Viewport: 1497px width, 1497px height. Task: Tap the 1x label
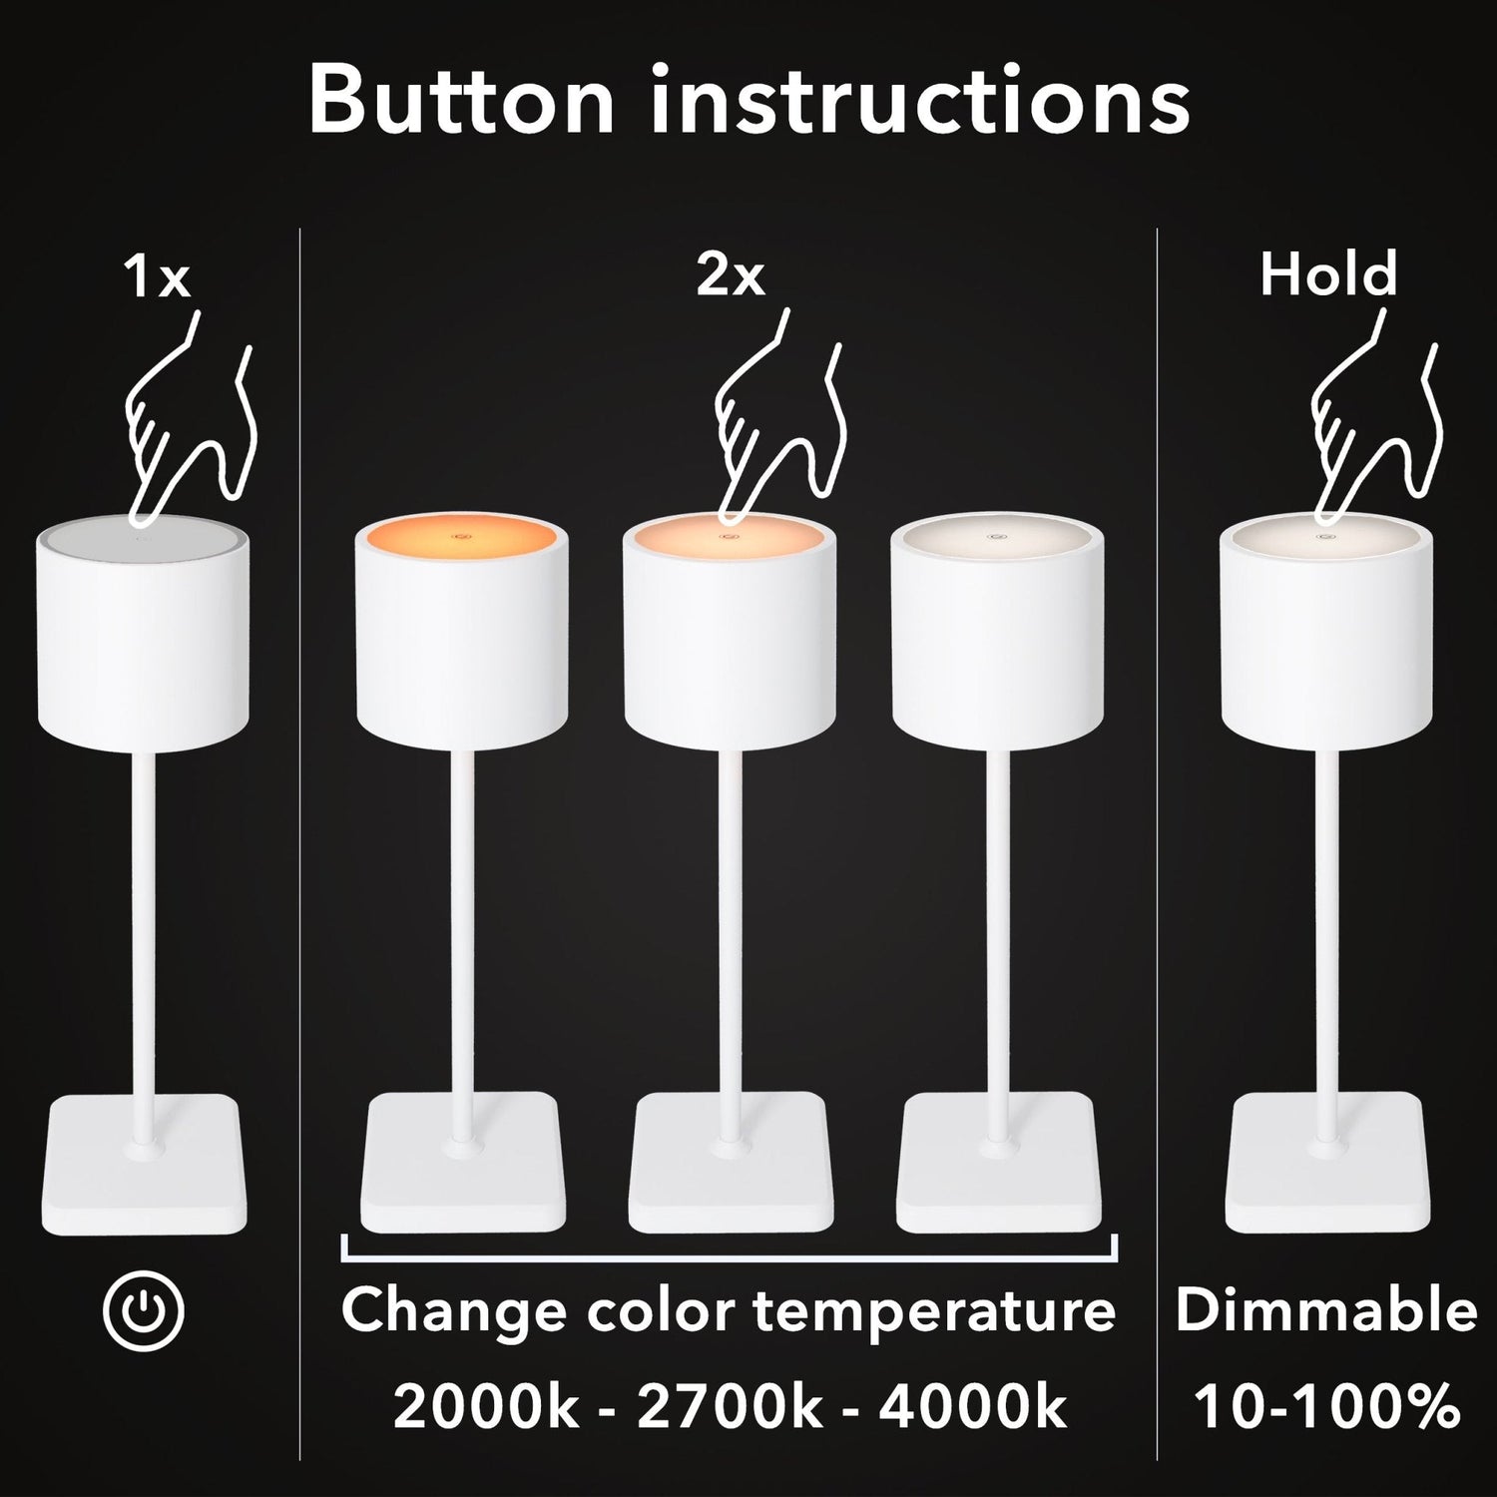[x=157, y=275]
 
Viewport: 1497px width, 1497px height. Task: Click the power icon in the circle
[x=144, y=1310]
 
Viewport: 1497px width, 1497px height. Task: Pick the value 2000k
[x=485, y=1406]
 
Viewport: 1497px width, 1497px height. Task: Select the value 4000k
[x=973, y=1406]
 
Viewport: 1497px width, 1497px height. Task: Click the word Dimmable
[x=1326, y=1309]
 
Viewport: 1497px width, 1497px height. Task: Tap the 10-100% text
[x=1327, y=1406]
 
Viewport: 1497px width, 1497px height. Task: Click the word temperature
[x=934, y=1311]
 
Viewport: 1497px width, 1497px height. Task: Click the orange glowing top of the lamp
[x=462, y=537]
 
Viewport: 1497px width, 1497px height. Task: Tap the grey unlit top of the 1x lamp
[x=144, y=537]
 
